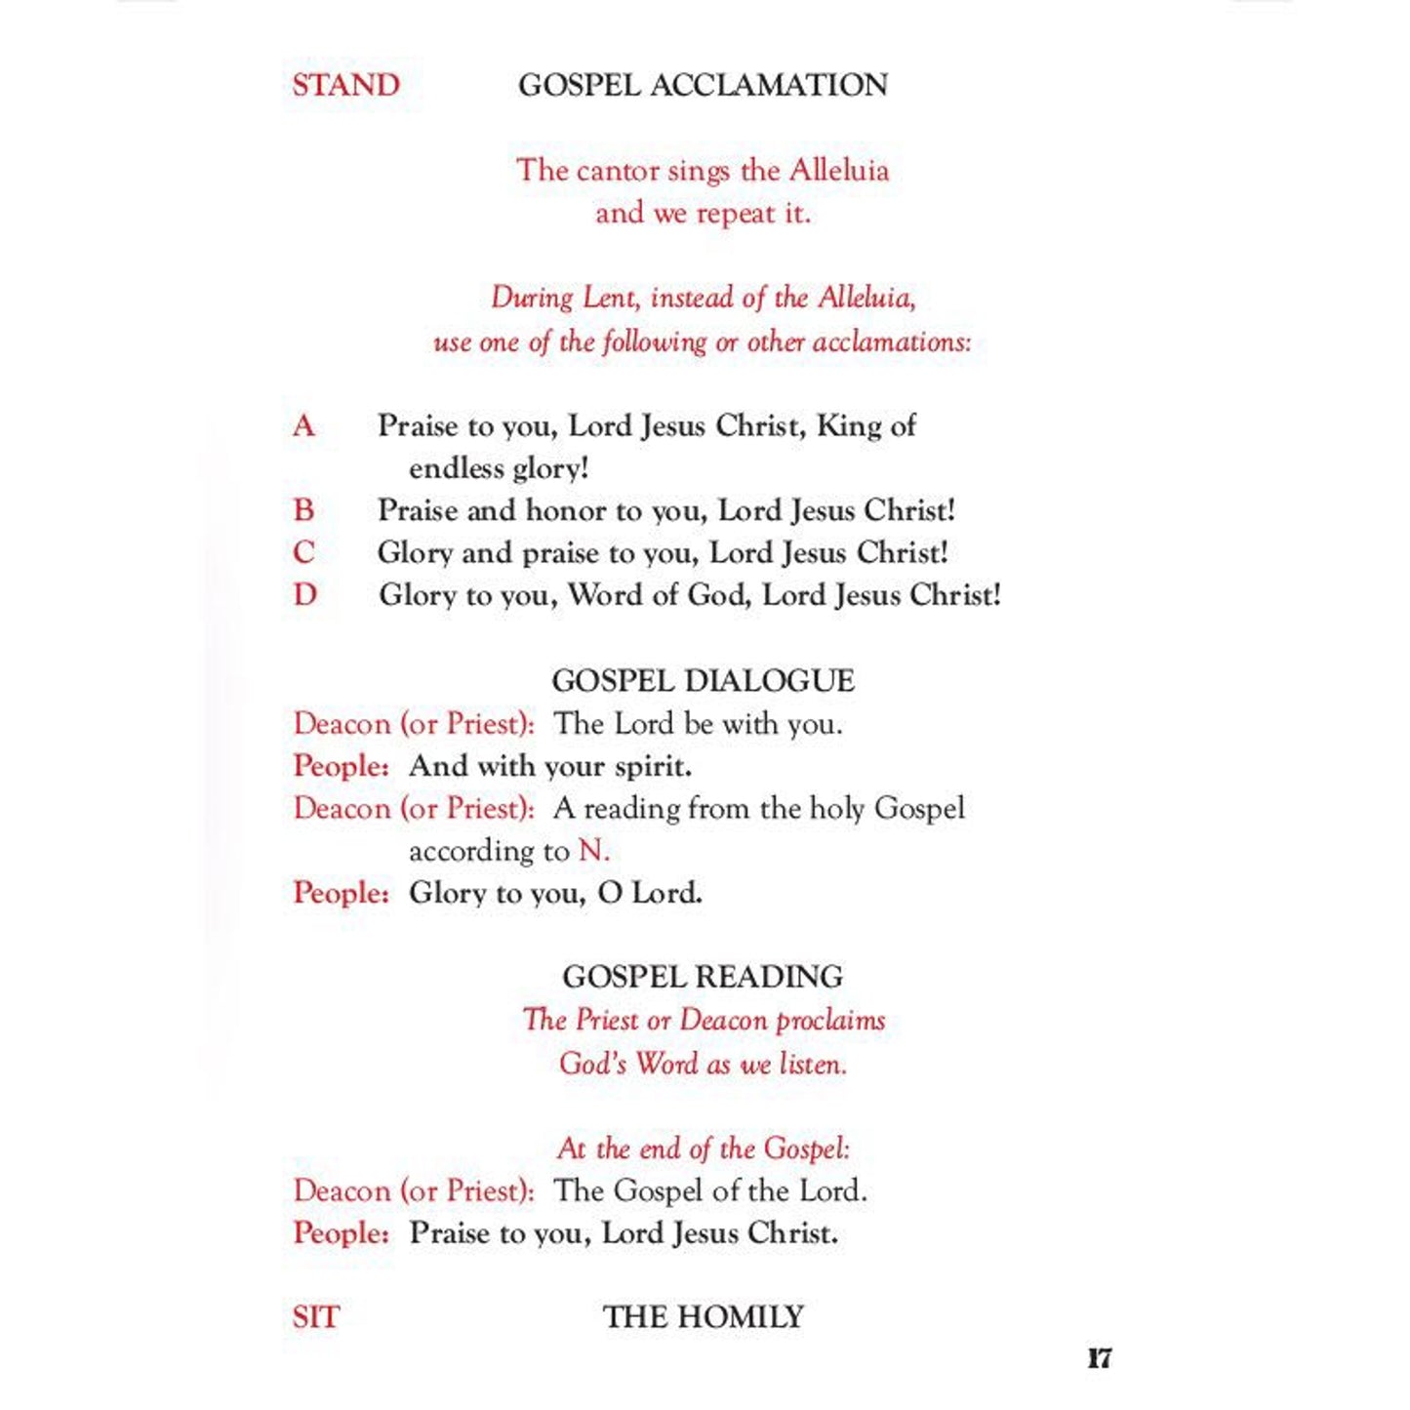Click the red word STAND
[x=345, y=85]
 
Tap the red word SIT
[x=315, y=1317]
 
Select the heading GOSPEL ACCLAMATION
[x=703, y=85]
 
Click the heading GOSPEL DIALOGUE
[x=703, y=680]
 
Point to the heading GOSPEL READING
[x=703, y=977]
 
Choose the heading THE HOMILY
[x=703, y=1317]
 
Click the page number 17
[x=1099, y=1358]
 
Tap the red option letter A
[x=303, y=425]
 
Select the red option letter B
[x=303, y=510]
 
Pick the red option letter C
[x=303, y=552]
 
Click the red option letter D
[x=304, y=594]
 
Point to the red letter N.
[x=591, y=851]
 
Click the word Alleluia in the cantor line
[x=838, y=171]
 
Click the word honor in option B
[x=565, y=510]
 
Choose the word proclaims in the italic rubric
[x=830, y=1021]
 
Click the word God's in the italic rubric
[x=592, y=1063]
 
